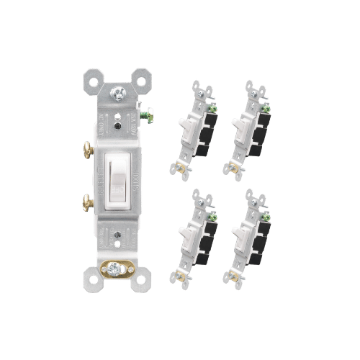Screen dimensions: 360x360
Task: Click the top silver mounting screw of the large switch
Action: (x=118, y=92)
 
